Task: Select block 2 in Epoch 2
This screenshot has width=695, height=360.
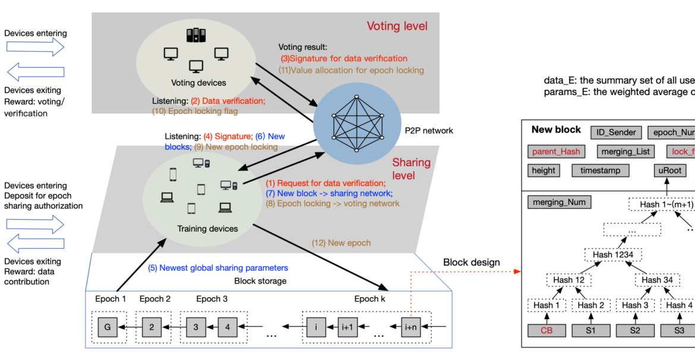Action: (151, 326)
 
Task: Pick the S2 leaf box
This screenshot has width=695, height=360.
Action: (634, 330)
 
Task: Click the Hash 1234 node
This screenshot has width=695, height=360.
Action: (611, 254)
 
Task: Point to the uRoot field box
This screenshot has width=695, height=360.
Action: (666, 170)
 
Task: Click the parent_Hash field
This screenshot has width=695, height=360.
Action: (557, 151)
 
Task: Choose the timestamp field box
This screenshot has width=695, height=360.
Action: (601, 170)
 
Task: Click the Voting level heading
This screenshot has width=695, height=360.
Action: (396, 26)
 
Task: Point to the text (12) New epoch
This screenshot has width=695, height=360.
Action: (341, 243)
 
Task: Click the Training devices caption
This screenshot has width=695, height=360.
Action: (207, 228)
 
